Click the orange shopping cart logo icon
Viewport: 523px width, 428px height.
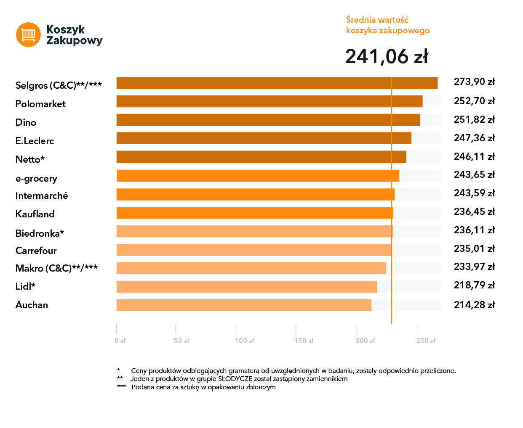coord(28,34)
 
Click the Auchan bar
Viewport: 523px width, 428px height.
coord(244,305)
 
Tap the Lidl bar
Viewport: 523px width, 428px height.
coord(246,287)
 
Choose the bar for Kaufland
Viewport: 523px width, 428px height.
coord(255,213)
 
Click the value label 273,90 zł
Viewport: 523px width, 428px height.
coord(474,82)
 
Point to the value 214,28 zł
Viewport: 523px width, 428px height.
coord(474,305)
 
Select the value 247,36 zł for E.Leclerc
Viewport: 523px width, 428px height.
coord(474,138)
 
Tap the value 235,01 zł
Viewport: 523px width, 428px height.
coord(474,248)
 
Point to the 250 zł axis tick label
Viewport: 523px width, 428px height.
coord(426,341)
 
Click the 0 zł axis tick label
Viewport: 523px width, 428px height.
coord(120,341)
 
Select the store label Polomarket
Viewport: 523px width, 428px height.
coord(40,104)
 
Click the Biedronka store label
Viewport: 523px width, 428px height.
coord(40,233)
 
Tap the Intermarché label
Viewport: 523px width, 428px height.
coord(42,196)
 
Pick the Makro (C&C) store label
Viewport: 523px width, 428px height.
coord(56,268)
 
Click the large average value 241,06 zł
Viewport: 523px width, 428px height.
coord(387,56)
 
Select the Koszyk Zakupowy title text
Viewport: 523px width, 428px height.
coord(74,35)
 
